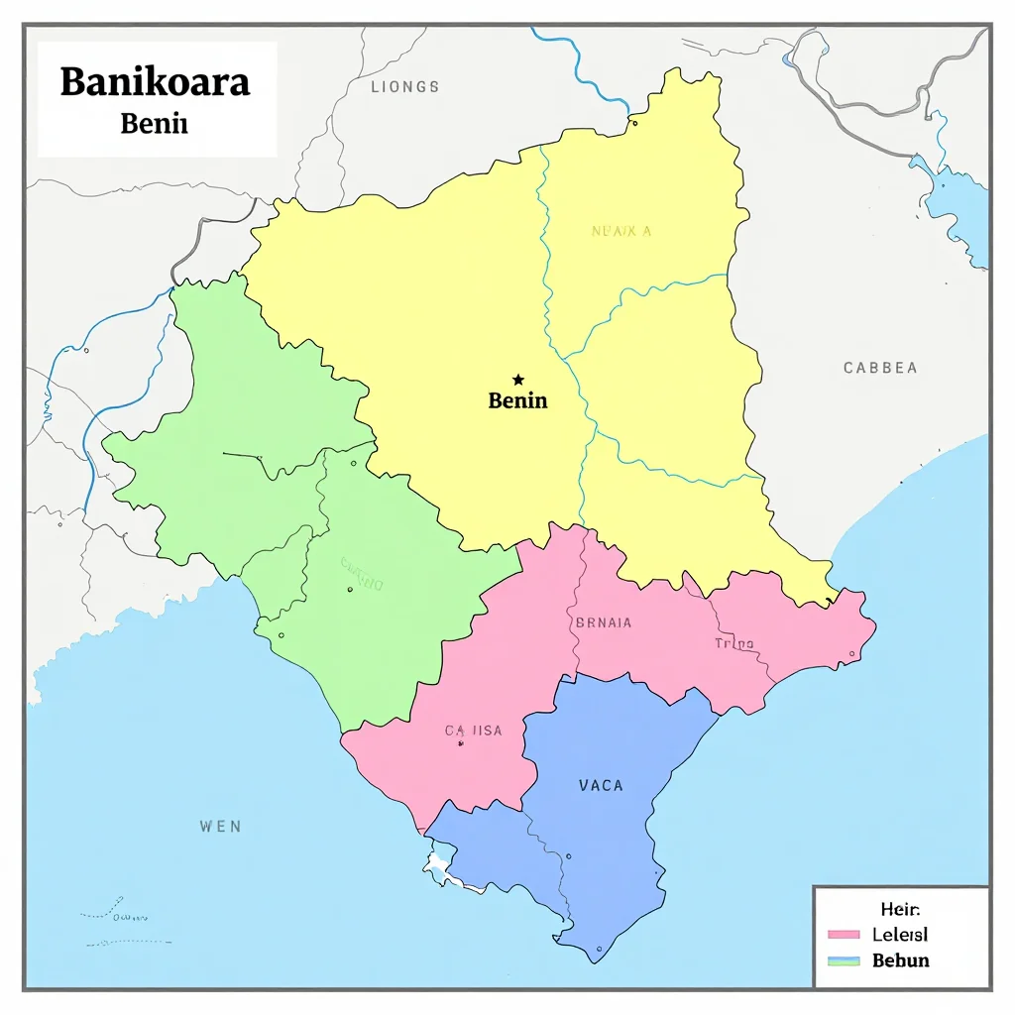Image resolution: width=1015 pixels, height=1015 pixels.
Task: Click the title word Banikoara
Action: click(x=155, y=82)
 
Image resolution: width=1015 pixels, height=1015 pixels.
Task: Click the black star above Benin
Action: click(x=517, y=380)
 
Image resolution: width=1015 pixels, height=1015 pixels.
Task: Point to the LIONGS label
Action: click(x=404, y=87)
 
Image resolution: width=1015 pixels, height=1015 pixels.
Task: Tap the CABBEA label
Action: click(x=879, y=368)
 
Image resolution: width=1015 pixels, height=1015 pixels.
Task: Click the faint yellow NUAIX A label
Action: click(x=621, y=231)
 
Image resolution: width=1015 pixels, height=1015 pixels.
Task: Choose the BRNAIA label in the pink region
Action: click(x=603, y=623)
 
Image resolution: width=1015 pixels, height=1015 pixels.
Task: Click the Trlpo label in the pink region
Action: click(x=734, y=644)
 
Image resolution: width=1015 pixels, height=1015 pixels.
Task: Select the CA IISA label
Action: click(x=473, y=731)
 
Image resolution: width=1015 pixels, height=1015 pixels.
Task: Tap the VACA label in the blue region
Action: click(x=601, y=785)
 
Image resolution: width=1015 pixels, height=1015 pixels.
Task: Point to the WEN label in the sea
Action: click(x=220, y=826)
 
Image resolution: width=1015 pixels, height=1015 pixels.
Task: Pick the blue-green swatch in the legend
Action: click(x=842, y=960)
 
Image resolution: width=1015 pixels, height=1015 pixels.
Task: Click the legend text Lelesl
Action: click(x=900, y=934)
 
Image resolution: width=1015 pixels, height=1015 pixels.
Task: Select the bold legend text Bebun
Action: click(x=900, y=959)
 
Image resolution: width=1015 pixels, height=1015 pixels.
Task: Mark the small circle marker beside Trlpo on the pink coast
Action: click(x=851, y=654)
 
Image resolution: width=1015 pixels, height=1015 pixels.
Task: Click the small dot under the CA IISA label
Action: click(x=461, y=742)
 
